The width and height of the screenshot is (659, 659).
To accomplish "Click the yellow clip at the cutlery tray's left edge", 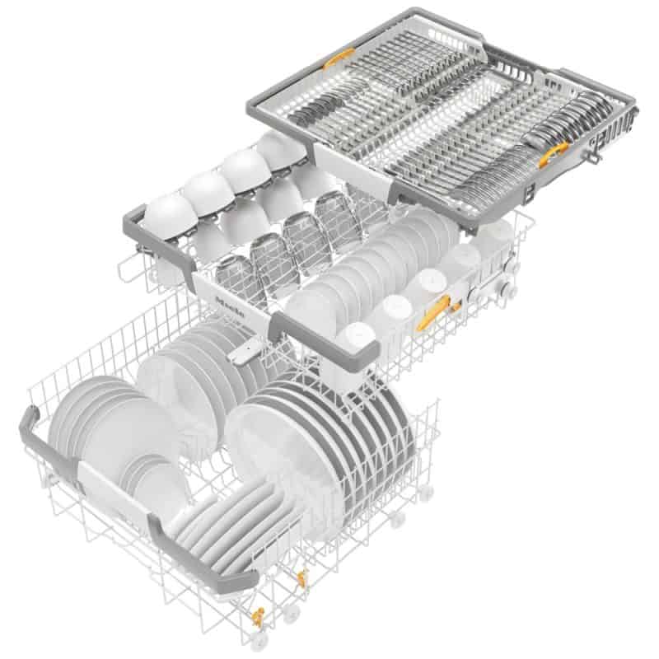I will point(337,58).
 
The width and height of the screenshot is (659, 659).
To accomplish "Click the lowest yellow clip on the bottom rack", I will point(258,614).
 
